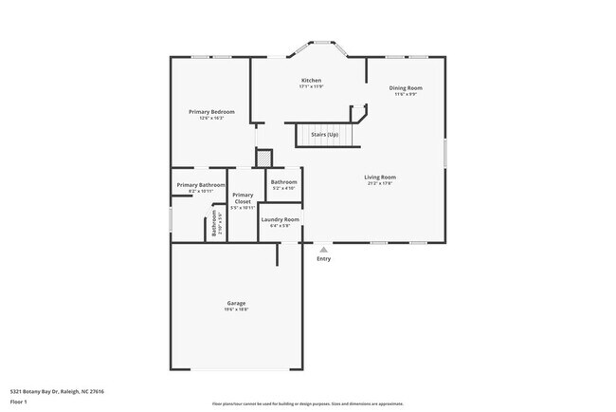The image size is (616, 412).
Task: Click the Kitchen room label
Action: [x=311, y=80]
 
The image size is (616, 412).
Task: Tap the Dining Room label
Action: [x=406, y=88]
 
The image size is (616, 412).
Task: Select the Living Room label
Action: [x=380, y=177]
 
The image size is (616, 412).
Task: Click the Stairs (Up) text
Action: [x=325, y=135]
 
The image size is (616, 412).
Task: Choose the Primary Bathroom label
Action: [x=201, y=184]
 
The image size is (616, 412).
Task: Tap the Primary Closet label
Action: [x=243, y=198]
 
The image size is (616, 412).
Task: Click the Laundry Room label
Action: [x=281, y=219]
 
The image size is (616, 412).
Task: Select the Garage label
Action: [x=236, y=303]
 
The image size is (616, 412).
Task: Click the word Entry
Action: [x=324, y=258]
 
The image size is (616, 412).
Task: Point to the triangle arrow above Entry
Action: [x=323, y=249]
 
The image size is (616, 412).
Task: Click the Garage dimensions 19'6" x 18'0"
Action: [x=236, y=309]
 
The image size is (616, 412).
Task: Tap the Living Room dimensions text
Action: [x=380, y=183]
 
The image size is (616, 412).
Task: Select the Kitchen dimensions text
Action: [x=311, y=86]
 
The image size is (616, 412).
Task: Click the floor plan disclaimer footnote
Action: [x=308, y=403]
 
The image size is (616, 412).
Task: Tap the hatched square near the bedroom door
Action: [x=265, y=158]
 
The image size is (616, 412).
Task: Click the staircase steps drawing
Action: [x=326, y=135]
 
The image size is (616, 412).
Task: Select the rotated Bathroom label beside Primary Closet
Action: [x=214, y=229]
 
